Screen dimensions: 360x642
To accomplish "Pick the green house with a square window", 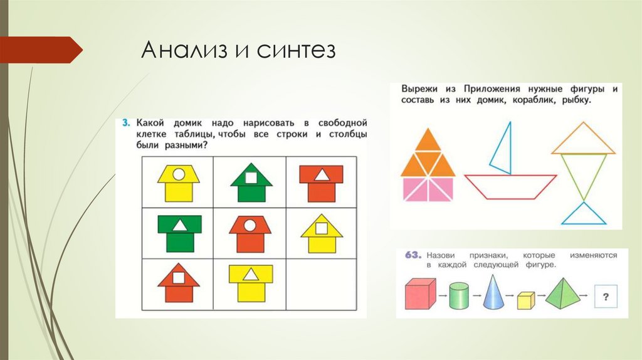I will pos(250,182).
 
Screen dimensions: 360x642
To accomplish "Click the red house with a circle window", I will pos(250,233).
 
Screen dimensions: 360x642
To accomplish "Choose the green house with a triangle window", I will pos(179,232).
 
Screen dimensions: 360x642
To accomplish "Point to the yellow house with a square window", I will pos(322,233).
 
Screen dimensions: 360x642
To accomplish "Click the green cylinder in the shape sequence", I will pos(460,295).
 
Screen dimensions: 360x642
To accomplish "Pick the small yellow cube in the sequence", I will pos(525,300).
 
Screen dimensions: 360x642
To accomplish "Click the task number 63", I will pos(412,255).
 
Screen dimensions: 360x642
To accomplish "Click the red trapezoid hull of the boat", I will pos(510,186).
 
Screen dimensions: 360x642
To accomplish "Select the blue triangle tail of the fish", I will pos(584,215).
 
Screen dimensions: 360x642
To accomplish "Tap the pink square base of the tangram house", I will pos(428,189).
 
